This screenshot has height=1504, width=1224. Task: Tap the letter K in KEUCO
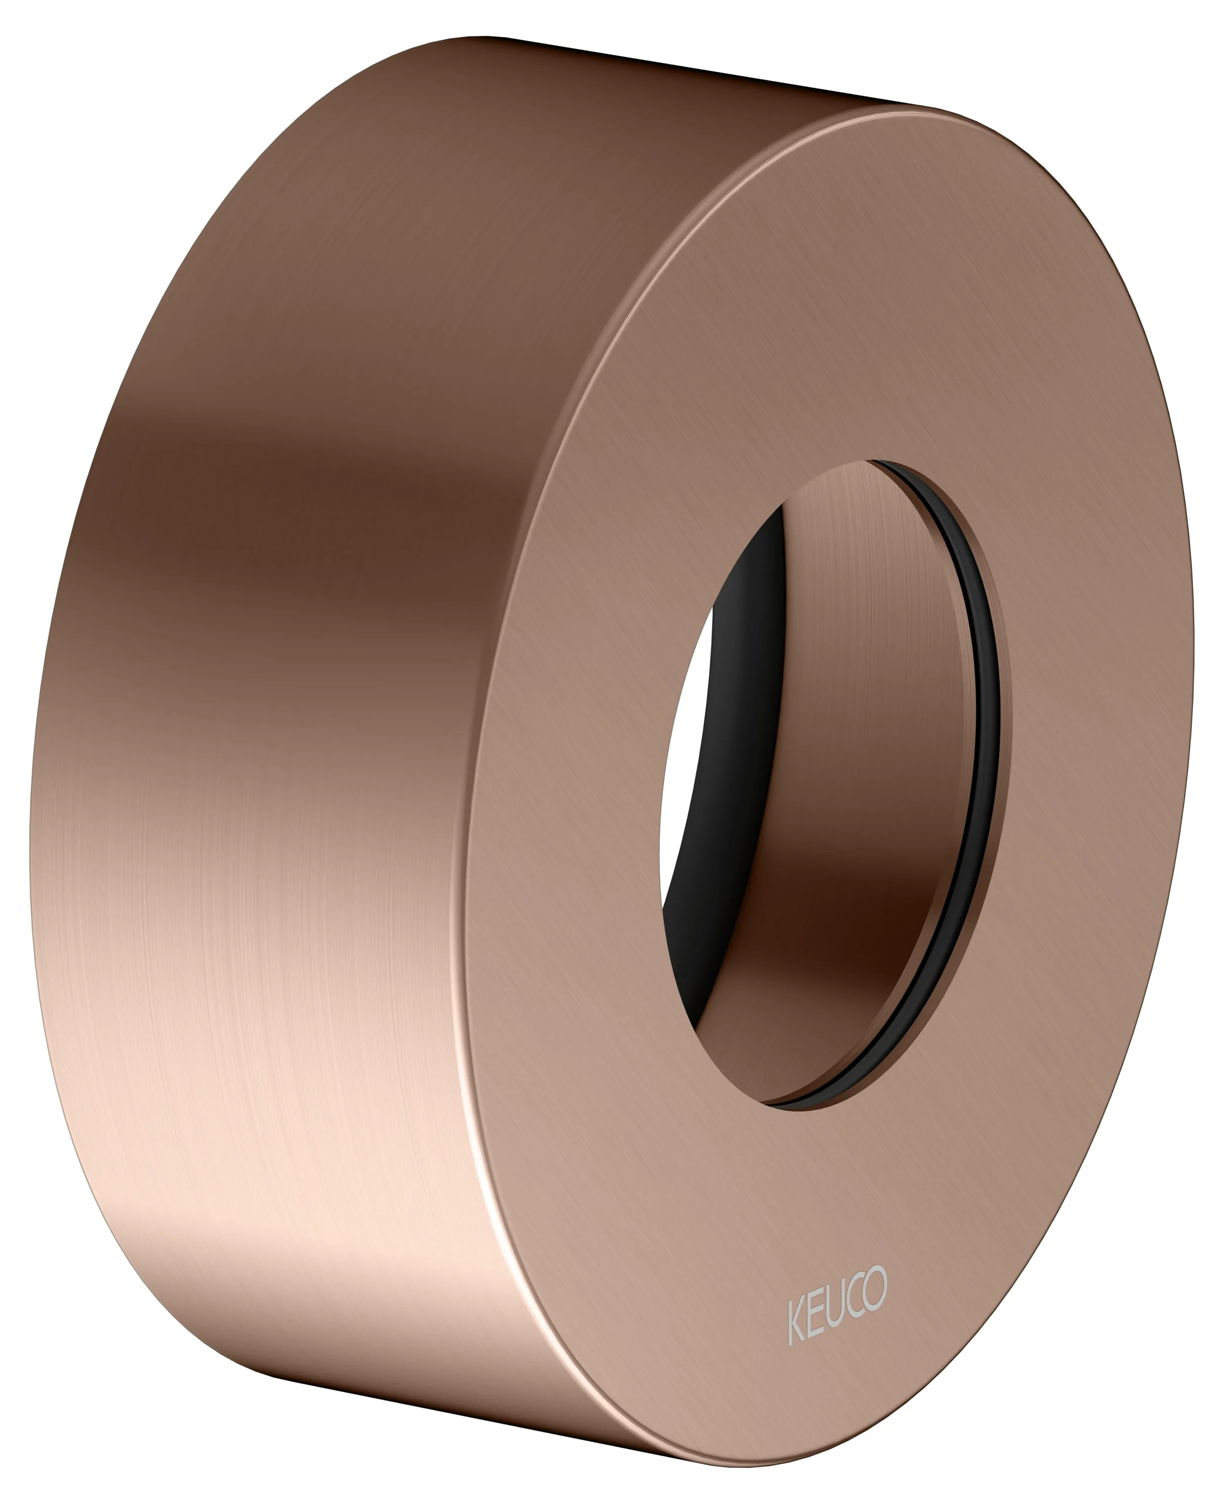[796, 1318]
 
